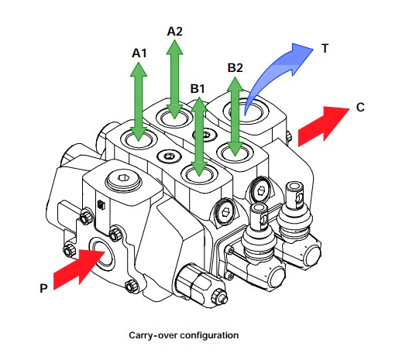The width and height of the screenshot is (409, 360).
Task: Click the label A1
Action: coord(139,53)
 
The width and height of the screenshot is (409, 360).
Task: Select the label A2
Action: coord(174,32)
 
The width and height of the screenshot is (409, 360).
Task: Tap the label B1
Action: coord(198,88)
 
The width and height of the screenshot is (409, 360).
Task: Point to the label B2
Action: coord(235,68)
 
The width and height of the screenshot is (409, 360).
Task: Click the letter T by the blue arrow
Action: coord(325,49)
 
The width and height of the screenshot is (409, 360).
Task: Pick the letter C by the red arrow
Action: coord(360,108)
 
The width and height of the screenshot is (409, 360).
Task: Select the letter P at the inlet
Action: coord(43,288)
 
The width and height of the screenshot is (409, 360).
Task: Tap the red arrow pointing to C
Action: coord(324,126)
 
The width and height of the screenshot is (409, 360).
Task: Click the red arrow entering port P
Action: coord(79,269)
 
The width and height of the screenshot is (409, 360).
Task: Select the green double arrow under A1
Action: coord(139,101)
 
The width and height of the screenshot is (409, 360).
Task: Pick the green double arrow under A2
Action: coord(174,79)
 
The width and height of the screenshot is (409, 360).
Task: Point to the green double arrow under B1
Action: coord(199,137)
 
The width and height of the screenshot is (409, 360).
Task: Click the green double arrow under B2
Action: coord(235,117)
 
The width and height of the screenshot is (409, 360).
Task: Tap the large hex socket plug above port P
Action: coord(123,179)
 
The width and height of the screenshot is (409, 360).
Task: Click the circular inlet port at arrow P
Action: coord(101,254)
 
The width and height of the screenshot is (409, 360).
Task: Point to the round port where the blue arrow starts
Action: coord(246,111)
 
